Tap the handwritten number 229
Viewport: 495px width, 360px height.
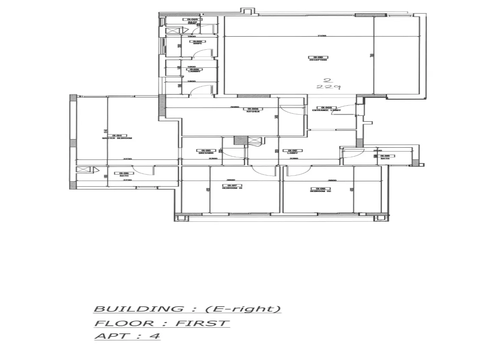pyautogui.click(x=328, y=87)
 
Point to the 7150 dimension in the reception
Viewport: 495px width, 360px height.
pyautogui.click(x=321, y=35)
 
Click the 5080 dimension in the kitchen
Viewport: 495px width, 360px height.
pyautogui.click(x=234, y=107)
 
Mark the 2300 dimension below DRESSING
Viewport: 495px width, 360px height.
pyautogui.click(x=213, y=158)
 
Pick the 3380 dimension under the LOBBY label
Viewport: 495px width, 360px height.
pyautogui.click(x=294, y=158)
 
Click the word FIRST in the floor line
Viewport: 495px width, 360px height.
pyautogui.click(x=202, y=323)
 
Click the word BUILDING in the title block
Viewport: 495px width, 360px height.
pyautogui.click(x=138, y=309)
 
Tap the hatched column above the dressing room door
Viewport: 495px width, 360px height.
pyautogui.click(x=240, y=140)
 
